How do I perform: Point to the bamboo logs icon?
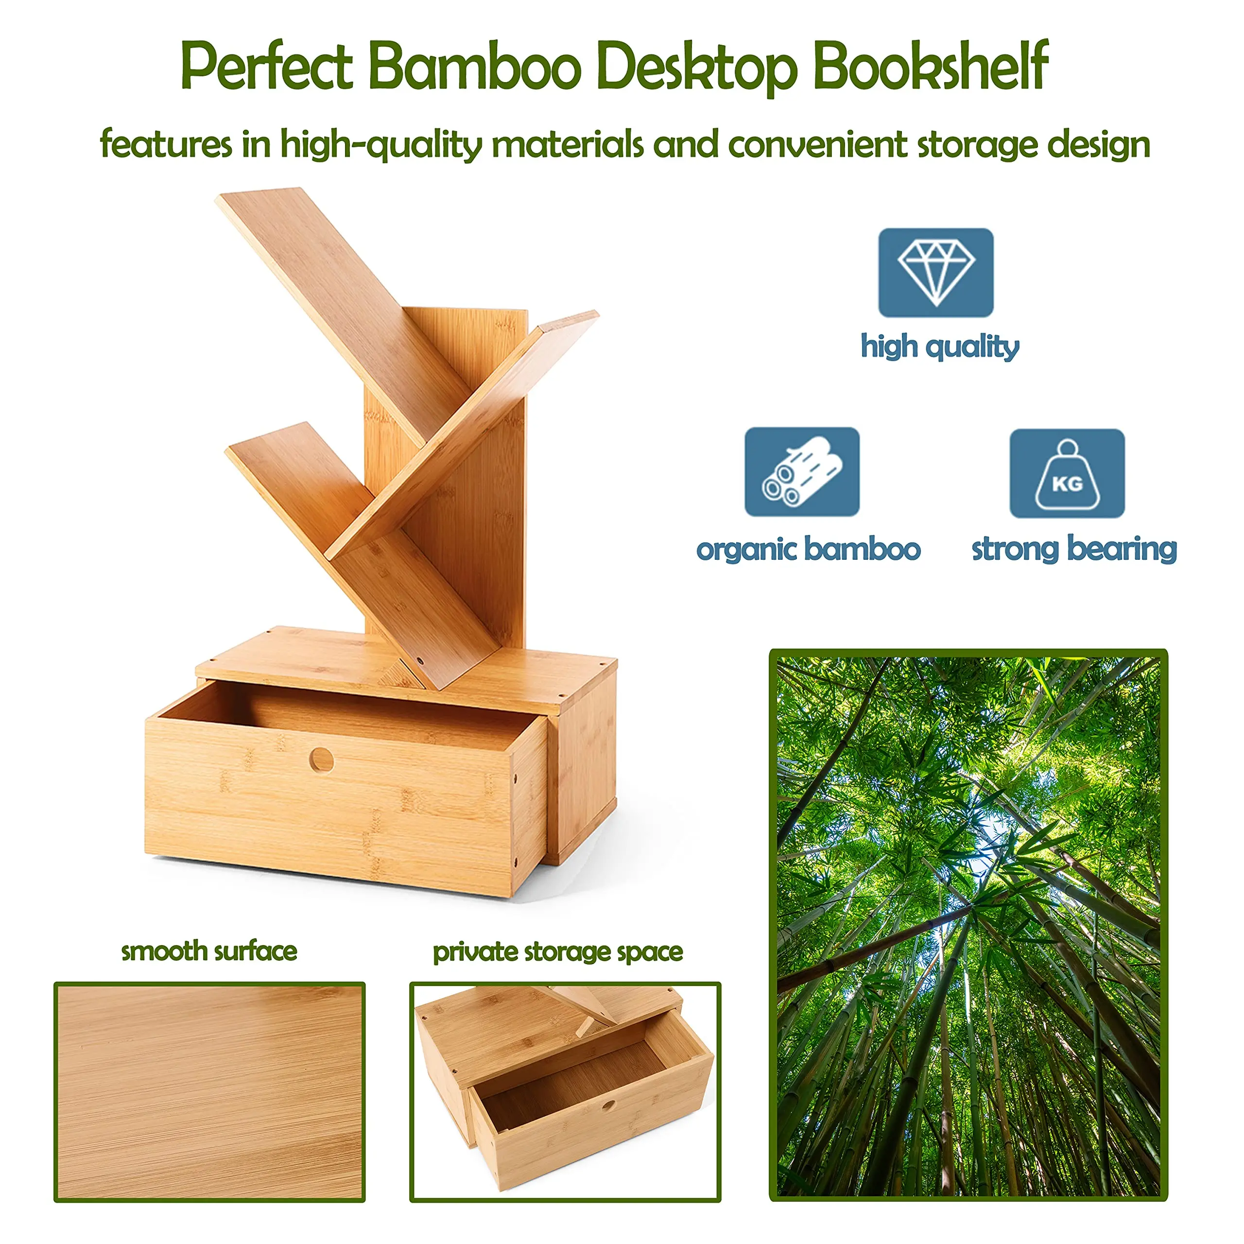coord(802,471)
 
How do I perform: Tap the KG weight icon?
coord(1067,473)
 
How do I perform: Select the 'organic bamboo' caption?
coord(808,550)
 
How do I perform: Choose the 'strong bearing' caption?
coord(1074,550)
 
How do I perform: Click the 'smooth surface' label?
coord(209,951)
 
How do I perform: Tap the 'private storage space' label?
coord(557,952)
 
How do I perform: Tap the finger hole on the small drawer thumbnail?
coord(608,1105)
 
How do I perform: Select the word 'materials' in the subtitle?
coord(567,144)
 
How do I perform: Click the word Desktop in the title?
coord(697,67)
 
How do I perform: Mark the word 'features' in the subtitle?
coord(166,144)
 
